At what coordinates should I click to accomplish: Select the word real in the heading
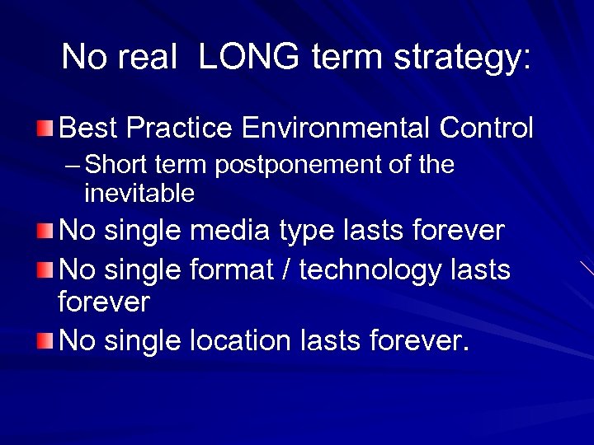click(x=150, y=58)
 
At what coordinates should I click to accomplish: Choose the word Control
click(x=487, y=129)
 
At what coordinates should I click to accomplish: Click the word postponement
click(x=299, y=166)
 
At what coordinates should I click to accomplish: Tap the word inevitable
click(x=139, y=194)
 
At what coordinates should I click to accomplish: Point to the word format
click(x=230, y=269)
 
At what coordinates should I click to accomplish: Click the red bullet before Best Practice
click(x=45, y=129)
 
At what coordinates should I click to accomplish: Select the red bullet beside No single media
click(x=45, y=231)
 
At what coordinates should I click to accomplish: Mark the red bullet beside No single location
click(x=45, y=340)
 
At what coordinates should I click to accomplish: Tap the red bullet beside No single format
click(x=45, y=269)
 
